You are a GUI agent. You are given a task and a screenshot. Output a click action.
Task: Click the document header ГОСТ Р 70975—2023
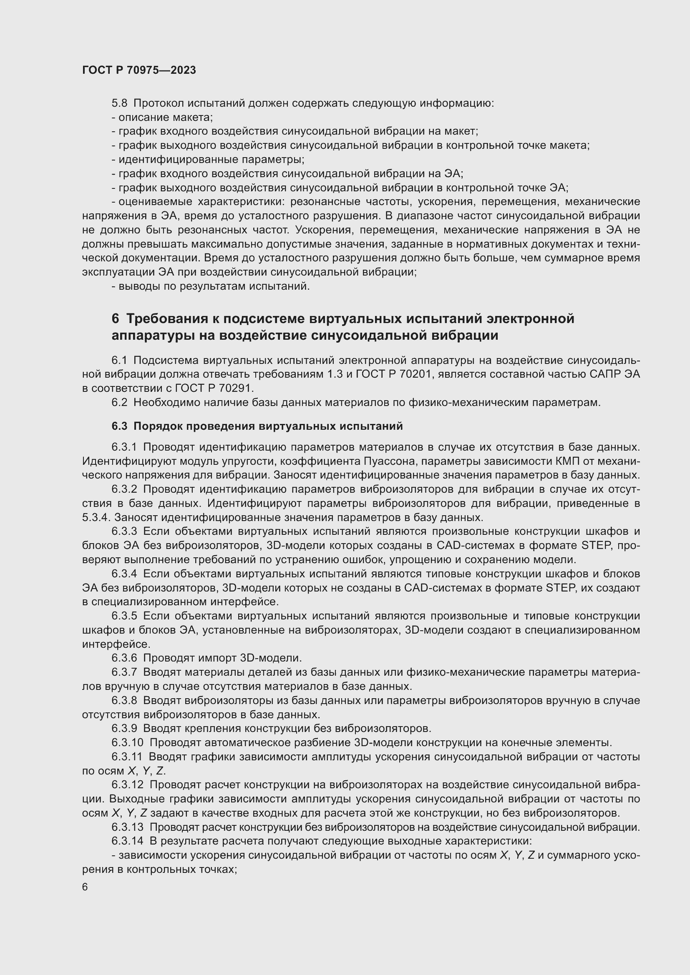coord(139,70)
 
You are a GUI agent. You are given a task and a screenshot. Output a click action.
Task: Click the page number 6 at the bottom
coord(85,887)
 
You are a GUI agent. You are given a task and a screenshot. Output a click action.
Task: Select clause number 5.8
coord(119,103)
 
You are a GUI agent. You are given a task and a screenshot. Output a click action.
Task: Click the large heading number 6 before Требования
coord(115,319)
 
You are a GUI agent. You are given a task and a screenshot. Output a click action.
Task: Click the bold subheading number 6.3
coord(119,426)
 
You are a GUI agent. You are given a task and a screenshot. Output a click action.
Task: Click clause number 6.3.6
coord(124,658)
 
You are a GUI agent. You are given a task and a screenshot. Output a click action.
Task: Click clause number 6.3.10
coord(128,743)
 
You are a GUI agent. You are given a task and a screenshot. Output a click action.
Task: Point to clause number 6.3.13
coord(128,827)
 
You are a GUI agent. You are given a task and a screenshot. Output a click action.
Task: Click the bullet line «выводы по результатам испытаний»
coord(211,286)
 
